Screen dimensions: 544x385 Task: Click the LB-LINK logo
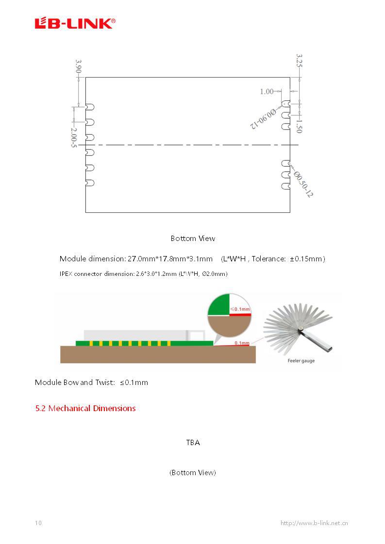(75, 23)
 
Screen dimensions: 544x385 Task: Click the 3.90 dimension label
(78, 67)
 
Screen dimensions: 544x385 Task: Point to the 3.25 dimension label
(299, 61)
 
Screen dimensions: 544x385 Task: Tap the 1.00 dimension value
(267, 91)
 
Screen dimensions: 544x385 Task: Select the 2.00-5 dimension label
(73, 138)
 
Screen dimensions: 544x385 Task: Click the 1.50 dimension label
(299, 126)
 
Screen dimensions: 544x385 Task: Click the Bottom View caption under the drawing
(193, 239)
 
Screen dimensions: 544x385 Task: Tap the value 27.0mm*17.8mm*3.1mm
(170, 259)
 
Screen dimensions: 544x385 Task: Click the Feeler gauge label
(301, 361)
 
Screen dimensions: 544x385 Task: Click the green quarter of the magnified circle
(218, 304)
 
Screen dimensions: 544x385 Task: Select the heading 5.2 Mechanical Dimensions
(85, 408)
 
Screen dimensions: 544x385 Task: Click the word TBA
(193, 443)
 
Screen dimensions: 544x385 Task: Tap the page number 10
(38, 523)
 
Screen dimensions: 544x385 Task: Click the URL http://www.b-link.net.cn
(314, 523)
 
